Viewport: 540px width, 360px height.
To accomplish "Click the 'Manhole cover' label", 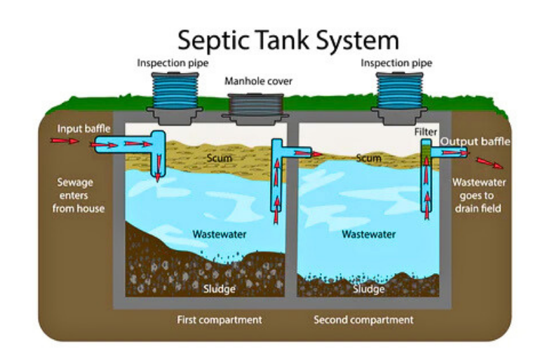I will [258, 81].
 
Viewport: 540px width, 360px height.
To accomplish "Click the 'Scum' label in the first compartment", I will [220, 159].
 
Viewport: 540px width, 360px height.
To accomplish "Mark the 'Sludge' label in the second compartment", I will [368, 288].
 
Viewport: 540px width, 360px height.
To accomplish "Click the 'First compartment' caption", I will [219, 320].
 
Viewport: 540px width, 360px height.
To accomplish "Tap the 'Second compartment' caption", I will [363, 320].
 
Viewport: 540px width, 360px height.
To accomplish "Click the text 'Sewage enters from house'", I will [81, 195].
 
